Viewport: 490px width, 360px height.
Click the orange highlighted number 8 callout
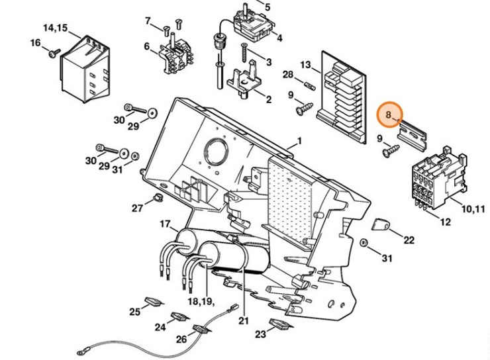389,114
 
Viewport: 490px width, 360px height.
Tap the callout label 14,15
55,28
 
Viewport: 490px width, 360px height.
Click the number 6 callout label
147,47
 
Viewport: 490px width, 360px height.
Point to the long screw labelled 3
245,53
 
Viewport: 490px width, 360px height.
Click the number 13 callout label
306,66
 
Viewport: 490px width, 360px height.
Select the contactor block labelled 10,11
440,178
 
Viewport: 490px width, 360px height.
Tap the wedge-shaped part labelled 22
381,224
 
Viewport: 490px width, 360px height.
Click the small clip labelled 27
158,197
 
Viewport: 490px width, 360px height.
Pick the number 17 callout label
165,224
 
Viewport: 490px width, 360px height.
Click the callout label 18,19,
201,301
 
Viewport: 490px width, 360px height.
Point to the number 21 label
244,320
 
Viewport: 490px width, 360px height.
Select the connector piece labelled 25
154,302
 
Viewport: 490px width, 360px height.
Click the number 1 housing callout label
299,142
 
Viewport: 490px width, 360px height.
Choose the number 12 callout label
446,222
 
